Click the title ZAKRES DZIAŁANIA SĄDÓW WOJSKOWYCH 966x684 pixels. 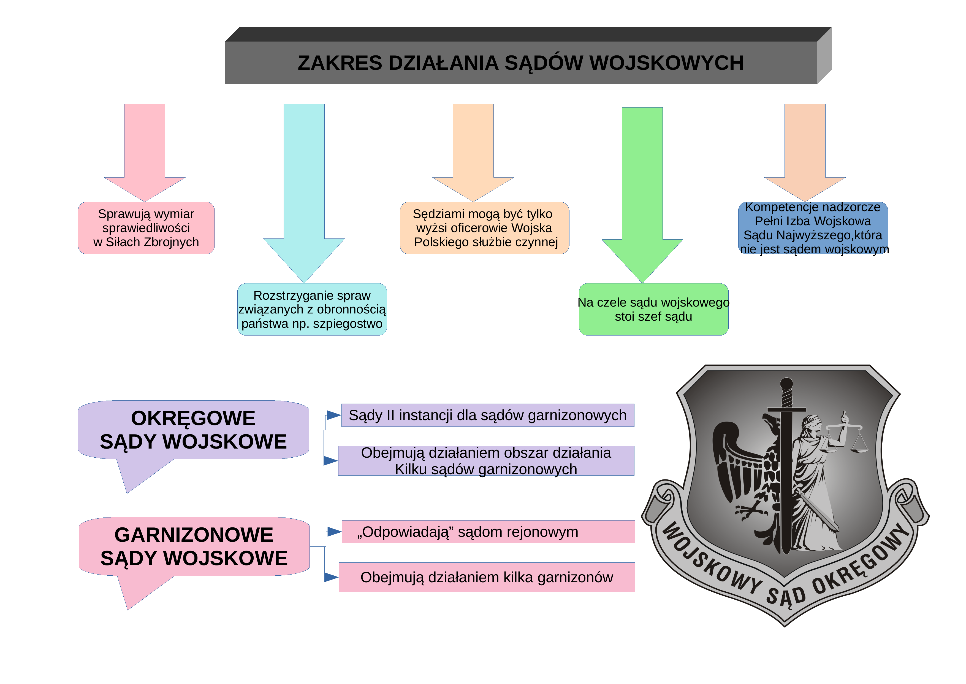(520, 63)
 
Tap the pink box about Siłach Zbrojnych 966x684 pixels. (146, 228)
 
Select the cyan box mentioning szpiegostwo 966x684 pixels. (312, 309)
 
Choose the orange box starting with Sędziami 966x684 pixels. (485, 228)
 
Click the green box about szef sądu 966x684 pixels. (653, 309)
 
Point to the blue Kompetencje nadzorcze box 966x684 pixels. (813, 228)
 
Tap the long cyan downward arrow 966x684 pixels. (304, 193)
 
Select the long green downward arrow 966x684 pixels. (642, 195)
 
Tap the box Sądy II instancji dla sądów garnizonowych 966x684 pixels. (488, 415)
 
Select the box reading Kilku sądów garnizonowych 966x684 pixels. (486, 461)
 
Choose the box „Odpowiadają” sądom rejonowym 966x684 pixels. (488, 532)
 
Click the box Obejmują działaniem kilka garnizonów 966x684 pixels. (487, 577)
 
